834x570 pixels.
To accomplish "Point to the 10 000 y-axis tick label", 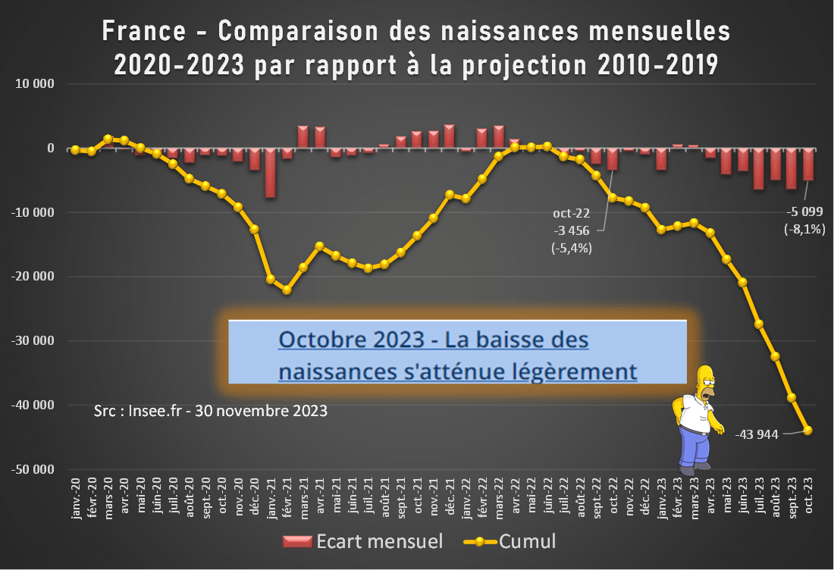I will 39,84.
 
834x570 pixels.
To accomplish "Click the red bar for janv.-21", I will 270,173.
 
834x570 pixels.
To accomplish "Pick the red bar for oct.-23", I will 808,164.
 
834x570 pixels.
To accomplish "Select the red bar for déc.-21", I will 450,136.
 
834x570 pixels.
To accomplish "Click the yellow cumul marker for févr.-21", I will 287,290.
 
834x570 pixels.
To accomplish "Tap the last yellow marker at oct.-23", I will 808,431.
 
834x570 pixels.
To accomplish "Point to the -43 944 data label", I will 757,435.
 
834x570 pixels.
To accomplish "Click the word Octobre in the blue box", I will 321,340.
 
